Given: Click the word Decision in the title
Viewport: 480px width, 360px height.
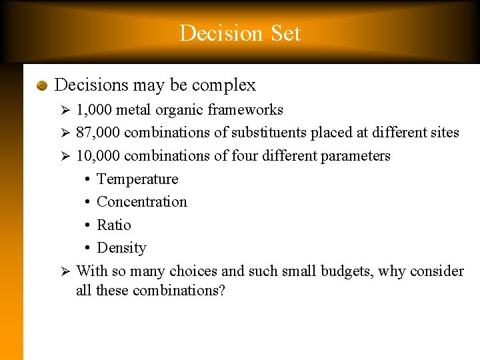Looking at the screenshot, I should (211, 33).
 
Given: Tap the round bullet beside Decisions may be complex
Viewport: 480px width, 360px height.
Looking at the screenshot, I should (41, 86).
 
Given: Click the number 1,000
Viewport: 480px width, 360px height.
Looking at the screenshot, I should (94, 110).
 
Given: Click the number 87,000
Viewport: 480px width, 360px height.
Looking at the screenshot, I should (98, 133).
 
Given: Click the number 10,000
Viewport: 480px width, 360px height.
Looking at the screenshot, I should (98, 156).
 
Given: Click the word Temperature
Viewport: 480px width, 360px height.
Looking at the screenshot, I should (137, 179).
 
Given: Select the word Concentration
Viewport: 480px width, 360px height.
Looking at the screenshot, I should (142, 202).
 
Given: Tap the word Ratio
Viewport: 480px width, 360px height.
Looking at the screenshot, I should (114, 225).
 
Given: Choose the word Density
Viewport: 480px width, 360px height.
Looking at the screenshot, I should (121, 248).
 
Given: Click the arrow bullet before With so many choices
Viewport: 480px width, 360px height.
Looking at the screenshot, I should (65, 271).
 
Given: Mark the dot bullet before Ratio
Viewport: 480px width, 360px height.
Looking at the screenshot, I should (88, 225).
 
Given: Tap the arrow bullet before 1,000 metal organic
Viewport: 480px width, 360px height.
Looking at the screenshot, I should (65, 110).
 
